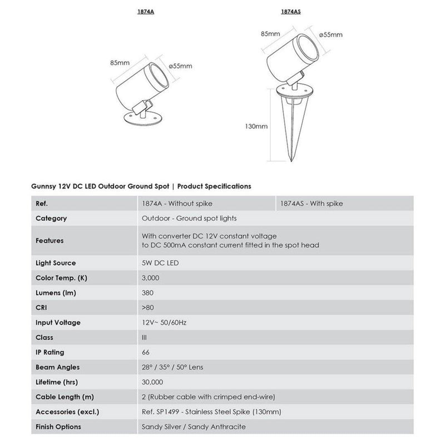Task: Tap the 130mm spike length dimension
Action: click(256, 126)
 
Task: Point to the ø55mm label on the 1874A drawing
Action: click(181, 66)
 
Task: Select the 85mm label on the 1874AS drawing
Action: click(270, 34)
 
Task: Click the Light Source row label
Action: click(56, 263)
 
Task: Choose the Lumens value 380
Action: click(148, 293)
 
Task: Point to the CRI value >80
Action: click(148, 308)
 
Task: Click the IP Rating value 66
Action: click(146, 352)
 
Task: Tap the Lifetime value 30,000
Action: click(152, 382)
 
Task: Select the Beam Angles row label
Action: click(57, 367)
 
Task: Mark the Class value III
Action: click(145, 337)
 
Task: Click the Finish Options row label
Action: click(58, 427)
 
